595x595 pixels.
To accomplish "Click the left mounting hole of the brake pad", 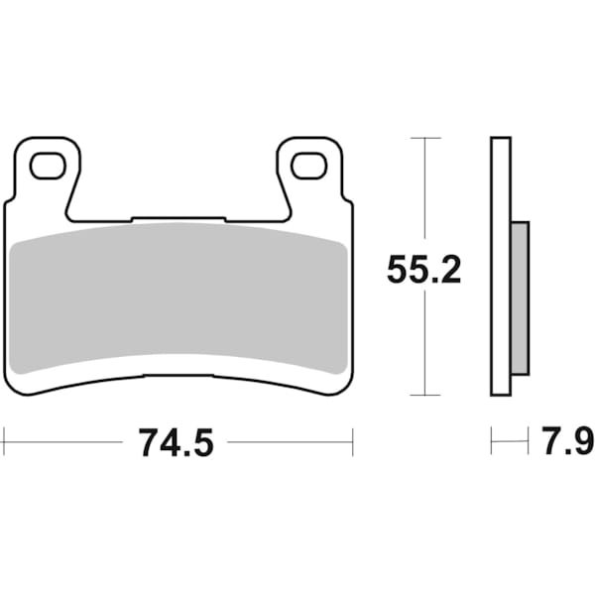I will click(47, 166).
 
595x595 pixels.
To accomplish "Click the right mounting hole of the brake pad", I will click(308, 166).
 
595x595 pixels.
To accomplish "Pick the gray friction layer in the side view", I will click(520, 298).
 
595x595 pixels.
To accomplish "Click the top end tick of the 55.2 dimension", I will click(424, 137).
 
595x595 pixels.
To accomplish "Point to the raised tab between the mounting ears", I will click(178, 217).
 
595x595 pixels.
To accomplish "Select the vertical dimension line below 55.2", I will click(424, 342).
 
